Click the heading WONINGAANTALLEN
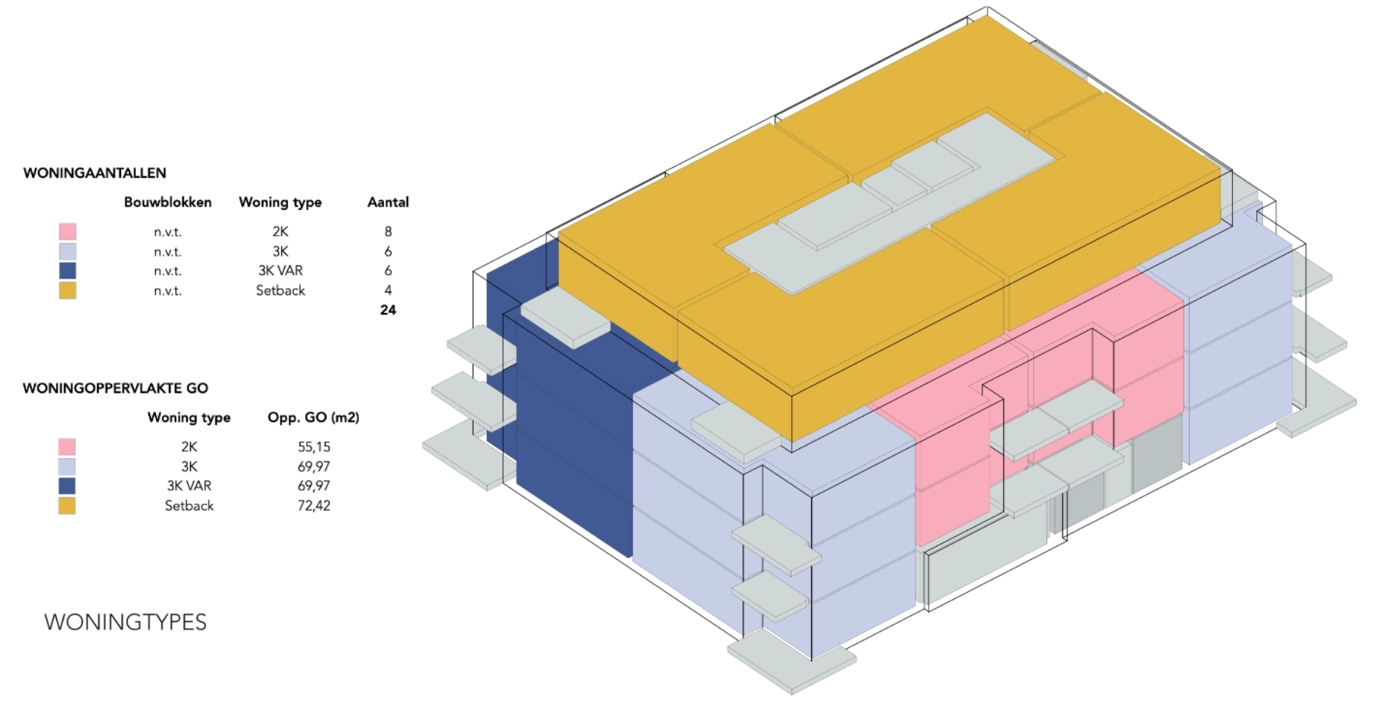pyautogui.click(x=95, y=173)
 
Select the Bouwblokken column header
pyautogui.click(x=168, y=203)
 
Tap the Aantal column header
pyautogui.click(x=388, y=203)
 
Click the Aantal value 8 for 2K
pyautogui.click(x=388, y=232)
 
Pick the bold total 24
pyautogui.click(x=388, y=310)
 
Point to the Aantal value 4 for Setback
pyautogui.click(x=388, y=290)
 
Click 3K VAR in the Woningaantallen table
pyautogui.click(x=281, y=270)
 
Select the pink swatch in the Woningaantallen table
pyautogui.click(x=68, y=232)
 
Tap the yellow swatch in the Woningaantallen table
pyautogui.click(x=68, y=290)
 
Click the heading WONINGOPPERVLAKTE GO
pyautogui.click(x=115, y=389)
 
